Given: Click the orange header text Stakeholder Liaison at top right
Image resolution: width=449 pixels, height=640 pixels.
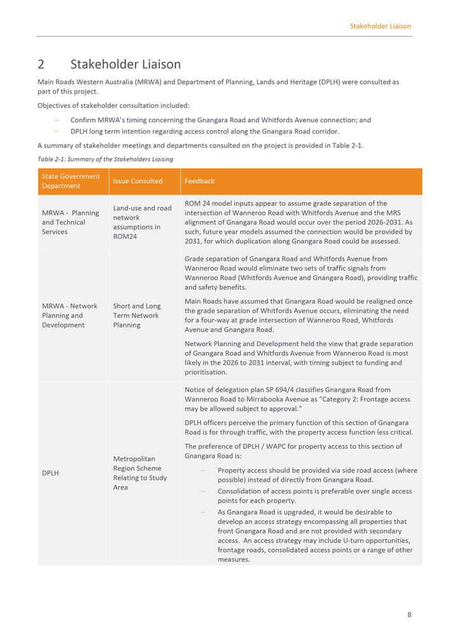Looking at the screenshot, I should [380, 26].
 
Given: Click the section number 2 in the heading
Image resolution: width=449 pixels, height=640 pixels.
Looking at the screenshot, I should [41, 64].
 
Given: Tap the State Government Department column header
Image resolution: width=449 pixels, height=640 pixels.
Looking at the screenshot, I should [71, 181].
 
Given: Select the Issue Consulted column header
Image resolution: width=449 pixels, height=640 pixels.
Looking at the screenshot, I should [138, 181].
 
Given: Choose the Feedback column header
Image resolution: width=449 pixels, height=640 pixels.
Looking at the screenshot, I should [199, 181].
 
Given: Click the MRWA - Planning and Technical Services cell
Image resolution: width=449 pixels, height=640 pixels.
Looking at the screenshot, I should [71, 222].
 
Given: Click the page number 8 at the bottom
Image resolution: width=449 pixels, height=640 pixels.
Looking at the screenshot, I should [410, 615].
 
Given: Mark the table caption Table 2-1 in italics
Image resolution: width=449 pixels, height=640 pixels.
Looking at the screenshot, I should [105, 159].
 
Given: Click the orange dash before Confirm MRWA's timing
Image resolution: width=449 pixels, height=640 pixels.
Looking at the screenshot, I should [56, 120].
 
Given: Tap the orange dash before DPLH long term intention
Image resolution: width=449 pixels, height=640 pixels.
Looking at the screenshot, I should [56, 131].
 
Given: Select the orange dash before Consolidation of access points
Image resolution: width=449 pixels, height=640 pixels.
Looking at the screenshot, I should [203, 492].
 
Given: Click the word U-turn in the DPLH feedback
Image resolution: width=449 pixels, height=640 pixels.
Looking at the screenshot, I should [353, 541].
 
